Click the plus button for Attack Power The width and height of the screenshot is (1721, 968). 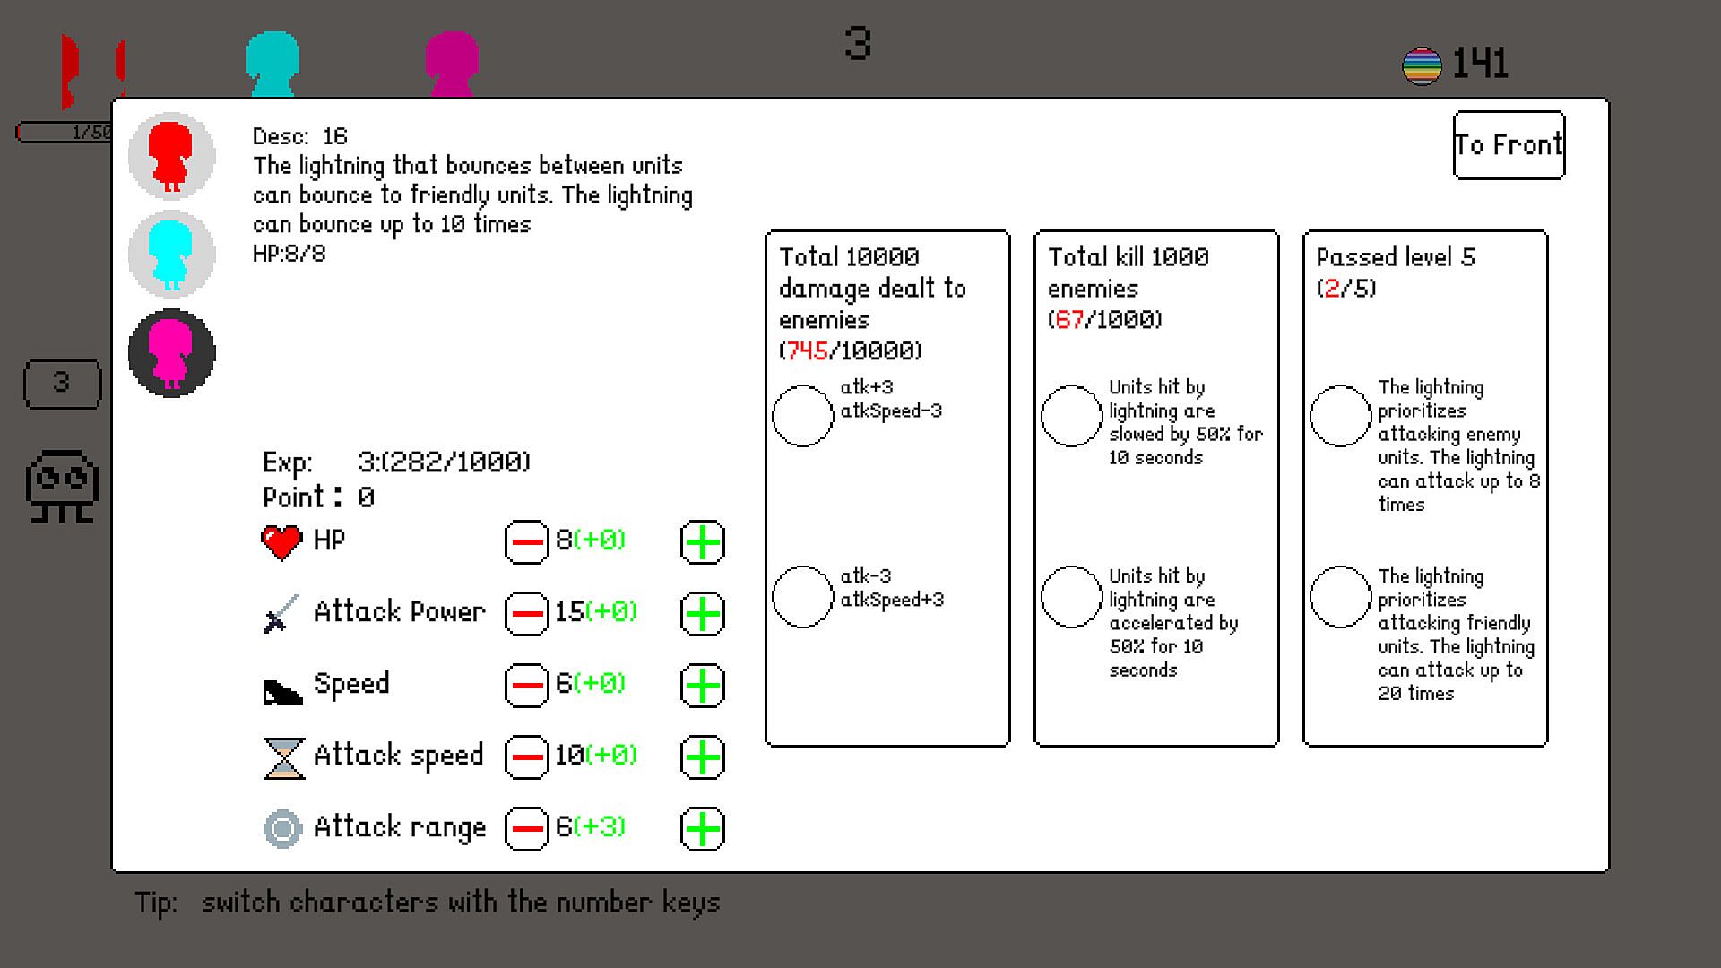click(703, 614)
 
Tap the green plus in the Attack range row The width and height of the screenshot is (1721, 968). click(703, 829)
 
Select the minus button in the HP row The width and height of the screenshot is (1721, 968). click(527, 542)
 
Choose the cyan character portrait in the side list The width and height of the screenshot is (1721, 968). click(171, 254)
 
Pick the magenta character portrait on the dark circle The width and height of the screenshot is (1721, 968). click(171, 353)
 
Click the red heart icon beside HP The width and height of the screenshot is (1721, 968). click(281, 542)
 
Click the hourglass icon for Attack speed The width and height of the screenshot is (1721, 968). click(283, 757)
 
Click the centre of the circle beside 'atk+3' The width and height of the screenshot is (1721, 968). click(802, 415)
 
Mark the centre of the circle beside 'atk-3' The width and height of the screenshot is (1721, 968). click(802, 596)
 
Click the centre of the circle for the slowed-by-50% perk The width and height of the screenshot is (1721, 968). click(1071, 415)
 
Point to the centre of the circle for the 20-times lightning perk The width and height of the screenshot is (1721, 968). click(1340, 596)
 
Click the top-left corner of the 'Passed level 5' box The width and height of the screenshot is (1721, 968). click(1303, 231)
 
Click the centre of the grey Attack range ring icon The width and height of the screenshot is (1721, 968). click(282, 829)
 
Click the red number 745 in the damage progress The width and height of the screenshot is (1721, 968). click(808, 350)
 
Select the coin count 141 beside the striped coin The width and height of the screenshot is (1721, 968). click(1480, 64)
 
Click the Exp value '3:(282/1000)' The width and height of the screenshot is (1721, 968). click(444, 462)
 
